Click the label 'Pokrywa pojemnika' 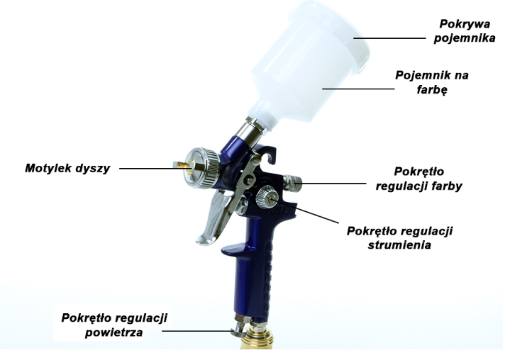coord(465,31)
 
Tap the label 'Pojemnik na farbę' coord(432,82)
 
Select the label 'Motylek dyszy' coord(67,168)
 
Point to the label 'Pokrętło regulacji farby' coord(419,179)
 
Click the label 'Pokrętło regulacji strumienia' coord(400,238)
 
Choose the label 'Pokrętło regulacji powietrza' coord(114,325)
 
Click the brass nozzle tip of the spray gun coord(184,165)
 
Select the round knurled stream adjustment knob coord(267,197)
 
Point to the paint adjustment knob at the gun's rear coord(292,183)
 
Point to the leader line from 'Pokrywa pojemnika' coord(389,38)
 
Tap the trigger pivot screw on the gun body coord(250,179)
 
